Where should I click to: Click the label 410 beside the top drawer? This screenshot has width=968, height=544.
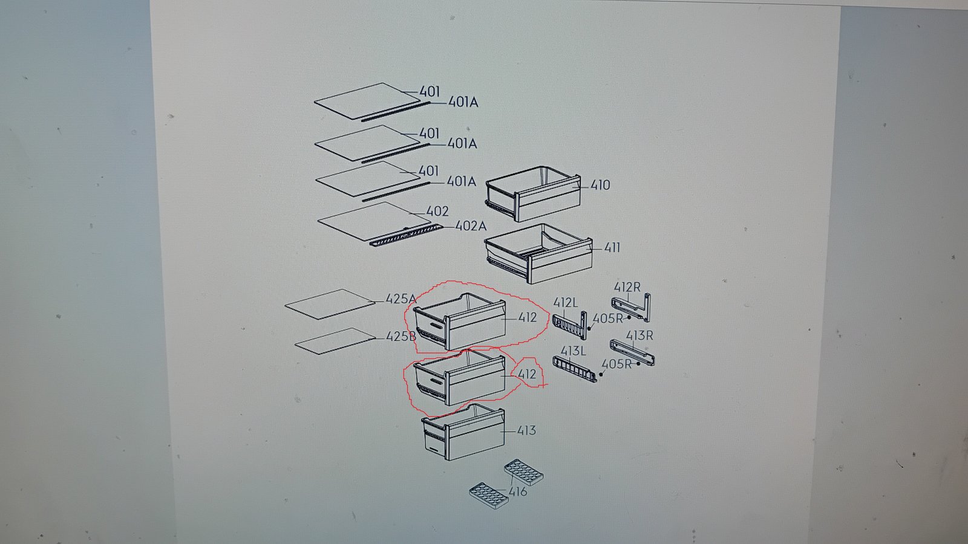tap(600, 185)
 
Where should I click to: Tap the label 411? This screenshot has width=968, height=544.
tap(612, 248)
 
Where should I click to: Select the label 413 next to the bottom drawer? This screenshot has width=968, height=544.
tap(526, 430)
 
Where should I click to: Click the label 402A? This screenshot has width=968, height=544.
tap(471, 226)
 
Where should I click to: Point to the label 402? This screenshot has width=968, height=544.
tap(437, 211)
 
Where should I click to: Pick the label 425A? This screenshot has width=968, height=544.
tap(401, 299)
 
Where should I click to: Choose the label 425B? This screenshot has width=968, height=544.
tap(401, 336)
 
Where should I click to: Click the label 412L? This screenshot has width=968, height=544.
tap(565, 303)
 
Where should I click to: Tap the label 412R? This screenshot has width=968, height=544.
tap(627, 287)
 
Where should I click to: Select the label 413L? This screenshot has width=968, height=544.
tap(573, 351)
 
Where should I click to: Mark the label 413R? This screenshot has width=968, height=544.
tap(639, 335)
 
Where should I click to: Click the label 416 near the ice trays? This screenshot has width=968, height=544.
tap(518, 492)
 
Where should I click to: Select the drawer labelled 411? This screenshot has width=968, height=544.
tap(538, 253)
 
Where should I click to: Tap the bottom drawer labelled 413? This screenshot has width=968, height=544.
tap(463, 432)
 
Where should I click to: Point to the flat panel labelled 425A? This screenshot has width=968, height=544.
tap(330, 304)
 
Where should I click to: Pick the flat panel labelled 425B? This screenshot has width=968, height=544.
tap(335, 341)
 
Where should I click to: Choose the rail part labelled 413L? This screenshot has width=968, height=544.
tap(575, 369)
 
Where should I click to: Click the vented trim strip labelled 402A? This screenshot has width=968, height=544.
tap(407, 235)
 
